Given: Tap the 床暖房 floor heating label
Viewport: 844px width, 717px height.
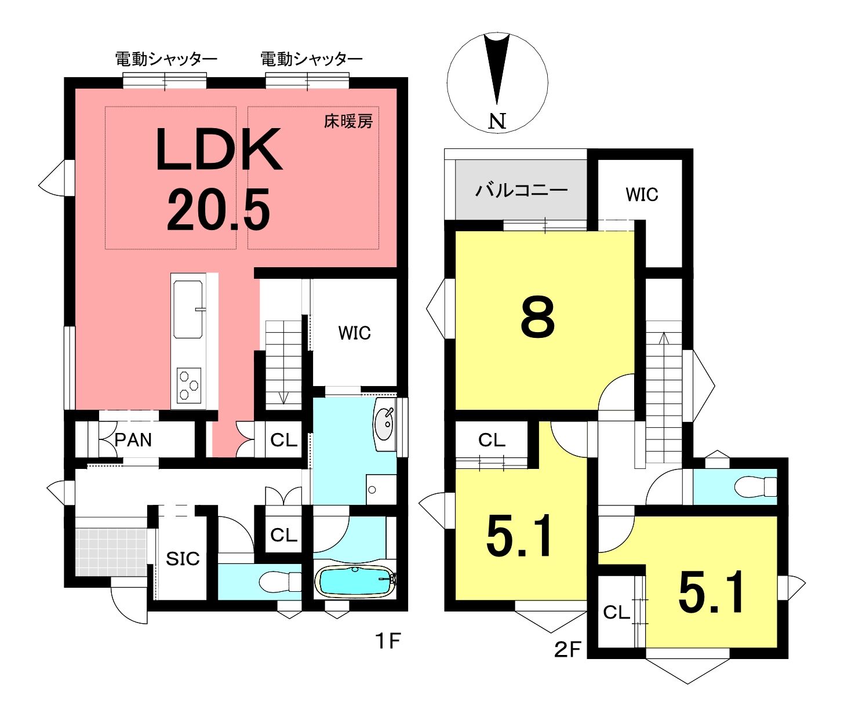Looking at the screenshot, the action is [x=348, y=122].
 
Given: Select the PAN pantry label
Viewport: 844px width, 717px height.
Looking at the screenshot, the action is [x=133, y=440].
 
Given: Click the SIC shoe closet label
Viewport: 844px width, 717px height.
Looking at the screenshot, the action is [x=183, y=559].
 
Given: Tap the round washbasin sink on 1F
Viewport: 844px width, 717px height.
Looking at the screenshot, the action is [x=384, y=425].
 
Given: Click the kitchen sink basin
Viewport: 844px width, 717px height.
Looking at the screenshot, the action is [x=188, y=309].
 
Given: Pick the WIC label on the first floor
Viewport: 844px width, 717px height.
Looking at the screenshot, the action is [x=354, y=333].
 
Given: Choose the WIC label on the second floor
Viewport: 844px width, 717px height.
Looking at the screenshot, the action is [x=642, y=195].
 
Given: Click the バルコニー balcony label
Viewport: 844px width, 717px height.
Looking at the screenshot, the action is [x=522, y=190].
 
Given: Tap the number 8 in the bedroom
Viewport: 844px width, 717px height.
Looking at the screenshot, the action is [x=538, y=317].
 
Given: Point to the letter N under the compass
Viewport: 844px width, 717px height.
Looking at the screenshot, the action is [x=497, y=121].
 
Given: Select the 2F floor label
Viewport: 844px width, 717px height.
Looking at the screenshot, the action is [x=567, y=649].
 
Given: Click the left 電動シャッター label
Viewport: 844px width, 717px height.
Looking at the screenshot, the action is [x=166, y=60].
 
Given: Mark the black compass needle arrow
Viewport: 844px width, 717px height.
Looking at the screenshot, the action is [x=497, y=69].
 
